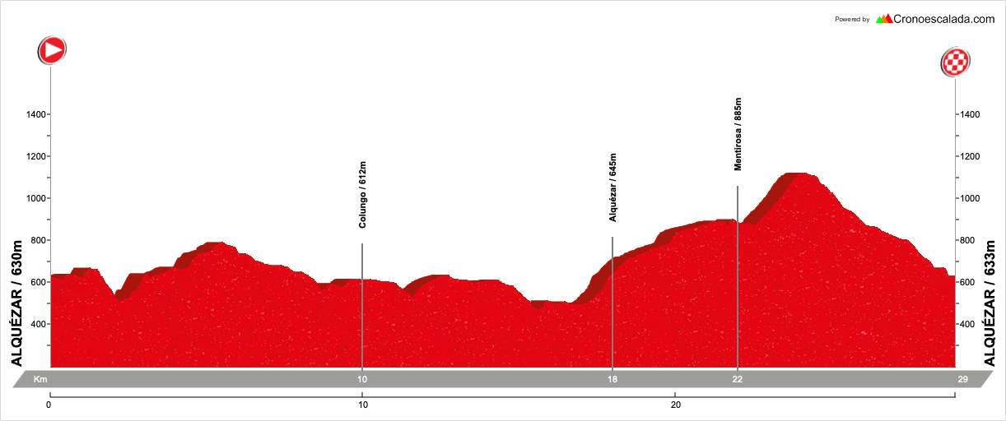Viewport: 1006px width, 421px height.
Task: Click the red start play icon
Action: [x=52, y=50]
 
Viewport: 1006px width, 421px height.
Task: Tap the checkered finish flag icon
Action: [x=955, y=62]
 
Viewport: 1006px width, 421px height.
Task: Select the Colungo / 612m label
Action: [x=362, y=195]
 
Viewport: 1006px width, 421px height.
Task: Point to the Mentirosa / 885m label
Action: [x=738, y=135]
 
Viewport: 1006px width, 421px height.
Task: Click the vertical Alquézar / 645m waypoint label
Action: [x=612, y=187]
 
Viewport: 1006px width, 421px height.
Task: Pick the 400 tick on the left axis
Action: [x=34, y=324]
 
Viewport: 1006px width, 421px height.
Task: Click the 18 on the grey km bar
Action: [x=612, y=379]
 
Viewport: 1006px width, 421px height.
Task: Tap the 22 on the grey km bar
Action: [x=738, y=379]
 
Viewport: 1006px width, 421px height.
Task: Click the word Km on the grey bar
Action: [x=40, y=379]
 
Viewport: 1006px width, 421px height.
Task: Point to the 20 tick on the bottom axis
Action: [x=675, y=405]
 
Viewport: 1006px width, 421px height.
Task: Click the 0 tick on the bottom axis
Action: [x=49, y=405]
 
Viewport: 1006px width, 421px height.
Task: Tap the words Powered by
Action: [x=852, y=19]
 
